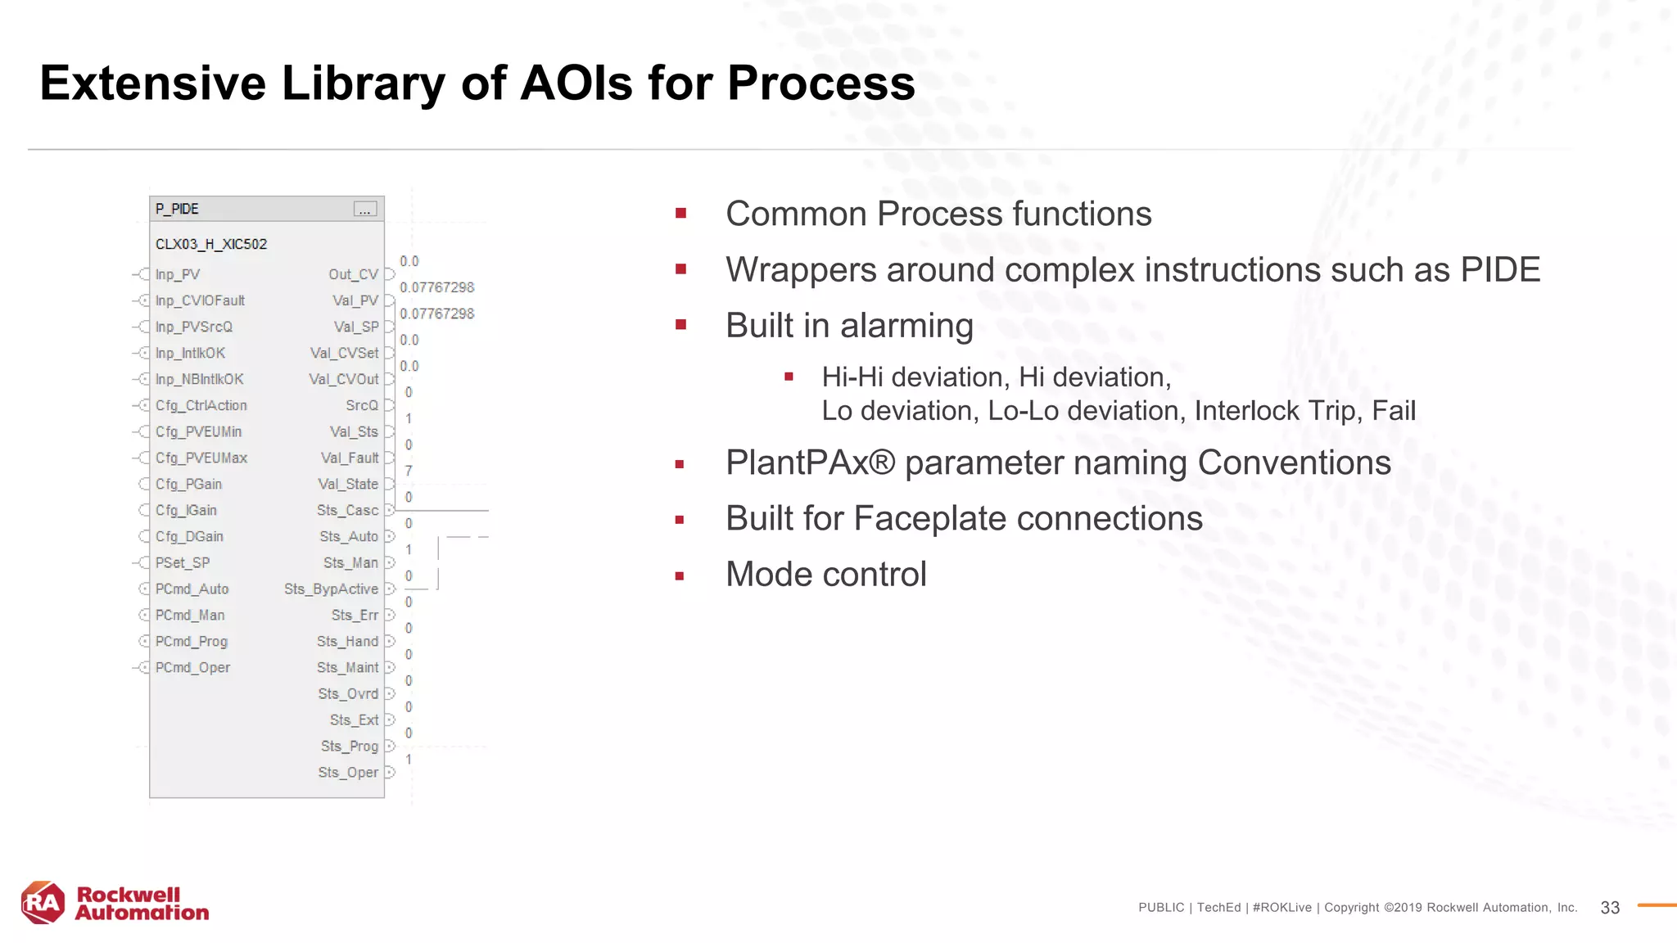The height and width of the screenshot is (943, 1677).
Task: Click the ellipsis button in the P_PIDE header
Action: coord(365,210)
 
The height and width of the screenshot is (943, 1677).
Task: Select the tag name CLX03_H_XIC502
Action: coord(211,244)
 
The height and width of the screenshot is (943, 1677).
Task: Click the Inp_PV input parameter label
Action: coord(178,274)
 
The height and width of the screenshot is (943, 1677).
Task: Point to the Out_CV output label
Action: coord(353,274)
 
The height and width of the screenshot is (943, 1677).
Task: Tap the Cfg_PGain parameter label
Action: coord(188,484)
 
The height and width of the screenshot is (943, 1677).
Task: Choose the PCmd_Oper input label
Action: coord(192,667)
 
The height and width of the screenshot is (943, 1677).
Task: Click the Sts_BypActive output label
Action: coord(331,589)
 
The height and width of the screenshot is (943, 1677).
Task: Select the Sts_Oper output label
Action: coord(348,772)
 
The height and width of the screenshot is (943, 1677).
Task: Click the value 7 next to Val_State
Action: coord(409,471)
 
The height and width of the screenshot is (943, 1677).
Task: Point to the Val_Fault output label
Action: coord(350,458)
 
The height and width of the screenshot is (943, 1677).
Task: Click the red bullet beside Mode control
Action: coord(680,576)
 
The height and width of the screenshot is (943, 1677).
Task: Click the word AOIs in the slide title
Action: coord(576,83)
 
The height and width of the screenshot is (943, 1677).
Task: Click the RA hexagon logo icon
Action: coord(43,902)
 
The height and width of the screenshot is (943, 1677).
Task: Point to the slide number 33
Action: coord(1609,908)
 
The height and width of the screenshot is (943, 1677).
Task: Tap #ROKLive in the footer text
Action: coord(1281,908)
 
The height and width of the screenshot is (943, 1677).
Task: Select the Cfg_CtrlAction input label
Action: coord(201,405)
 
